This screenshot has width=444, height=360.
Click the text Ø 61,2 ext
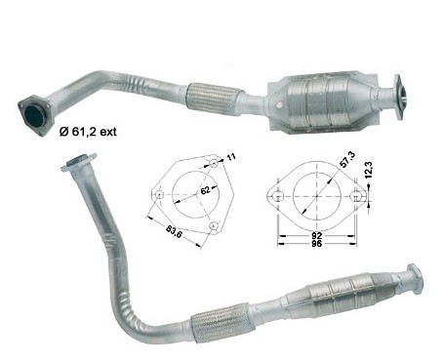[x=88, y=132]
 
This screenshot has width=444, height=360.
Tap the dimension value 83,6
[x=174, y=230]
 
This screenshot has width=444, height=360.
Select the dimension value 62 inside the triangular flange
[x=205, y=190]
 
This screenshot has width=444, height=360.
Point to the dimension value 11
[x=231, y=157]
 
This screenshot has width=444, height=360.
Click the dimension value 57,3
[x=347, y=159]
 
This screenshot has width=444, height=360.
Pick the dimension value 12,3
[x=369, y=170]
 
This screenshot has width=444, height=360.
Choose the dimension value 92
[x=316, y=235]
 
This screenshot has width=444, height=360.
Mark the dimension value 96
[x=316, y=244]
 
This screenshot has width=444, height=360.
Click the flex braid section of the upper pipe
[x=215, y=99]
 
